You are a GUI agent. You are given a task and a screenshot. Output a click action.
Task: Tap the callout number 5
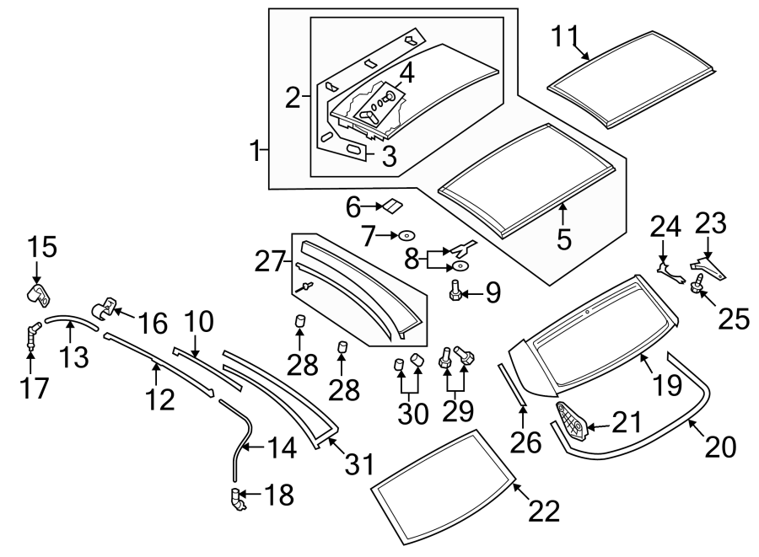[564, 238]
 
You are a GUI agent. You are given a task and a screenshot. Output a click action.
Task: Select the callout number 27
[270, 262]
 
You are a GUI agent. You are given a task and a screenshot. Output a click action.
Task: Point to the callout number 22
[544, 510]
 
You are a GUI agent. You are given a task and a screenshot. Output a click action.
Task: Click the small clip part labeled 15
[38, 295]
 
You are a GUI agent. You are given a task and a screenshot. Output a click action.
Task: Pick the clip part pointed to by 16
[104, 308]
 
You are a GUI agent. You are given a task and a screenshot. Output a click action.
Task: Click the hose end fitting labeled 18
[237, 500]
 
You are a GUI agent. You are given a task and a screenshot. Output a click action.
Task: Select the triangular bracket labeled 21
[571, 421]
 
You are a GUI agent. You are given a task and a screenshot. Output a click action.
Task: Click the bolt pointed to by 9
[455, 290]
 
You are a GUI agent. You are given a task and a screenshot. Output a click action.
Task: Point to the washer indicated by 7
[406, 235]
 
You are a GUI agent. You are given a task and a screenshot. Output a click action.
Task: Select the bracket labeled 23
[708, 267]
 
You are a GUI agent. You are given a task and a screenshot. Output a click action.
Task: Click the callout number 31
[359, 464]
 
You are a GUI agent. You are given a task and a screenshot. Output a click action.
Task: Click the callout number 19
[668, 385]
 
